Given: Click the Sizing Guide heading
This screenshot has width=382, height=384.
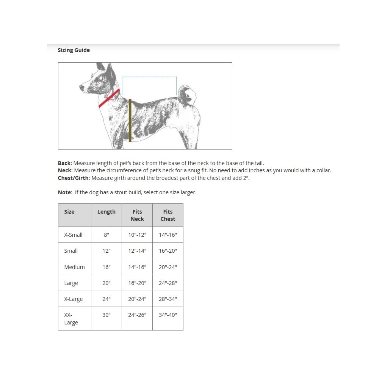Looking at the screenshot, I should [74, 50].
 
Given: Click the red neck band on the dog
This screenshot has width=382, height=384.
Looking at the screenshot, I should [109, 98].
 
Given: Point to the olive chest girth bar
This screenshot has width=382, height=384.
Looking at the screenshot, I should [130, 121].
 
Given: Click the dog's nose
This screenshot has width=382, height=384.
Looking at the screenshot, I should [81, 88].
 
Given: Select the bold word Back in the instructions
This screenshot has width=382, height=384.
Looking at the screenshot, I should [64, 163].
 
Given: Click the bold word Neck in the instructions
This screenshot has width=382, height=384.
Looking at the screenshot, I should [64, 170].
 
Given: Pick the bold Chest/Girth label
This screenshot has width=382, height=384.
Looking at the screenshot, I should [74, 178].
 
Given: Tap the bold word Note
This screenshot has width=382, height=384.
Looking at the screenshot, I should [64, 192].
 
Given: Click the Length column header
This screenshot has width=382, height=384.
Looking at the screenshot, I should [106, 212].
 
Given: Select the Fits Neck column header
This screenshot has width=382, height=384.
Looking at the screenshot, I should [137, 215].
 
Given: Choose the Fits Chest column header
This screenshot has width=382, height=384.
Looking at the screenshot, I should [168, 215].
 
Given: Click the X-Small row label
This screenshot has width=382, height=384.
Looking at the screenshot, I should [73, 235].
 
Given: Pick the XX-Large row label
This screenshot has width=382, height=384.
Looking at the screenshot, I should [71, 319].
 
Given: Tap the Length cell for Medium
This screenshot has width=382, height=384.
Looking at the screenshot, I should [106, 267].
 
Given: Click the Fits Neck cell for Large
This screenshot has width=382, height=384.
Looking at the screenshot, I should [137, 283].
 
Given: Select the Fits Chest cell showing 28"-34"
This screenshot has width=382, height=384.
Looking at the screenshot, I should [168, 299].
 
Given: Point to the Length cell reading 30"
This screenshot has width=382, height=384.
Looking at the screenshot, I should [106, 315].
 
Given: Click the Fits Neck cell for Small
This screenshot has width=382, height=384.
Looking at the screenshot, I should [137, 251].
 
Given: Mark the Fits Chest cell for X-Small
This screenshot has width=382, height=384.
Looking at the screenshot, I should [168, 235].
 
